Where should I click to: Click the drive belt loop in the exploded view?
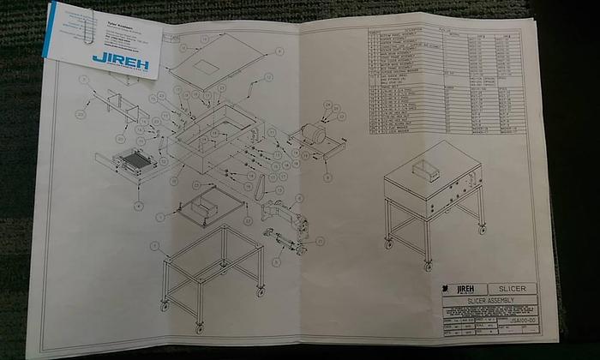tap(255, 186)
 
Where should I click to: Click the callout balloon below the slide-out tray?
tap(137, 206)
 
